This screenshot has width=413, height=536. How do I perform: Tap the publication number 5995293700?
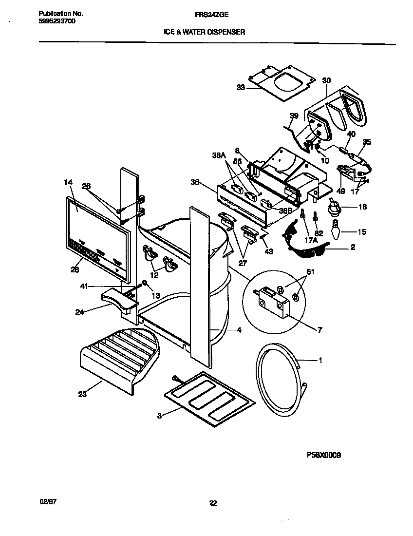click(x=56, y=22)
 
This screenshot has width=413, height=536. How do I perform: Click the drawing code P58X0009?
click(x=323, y=455)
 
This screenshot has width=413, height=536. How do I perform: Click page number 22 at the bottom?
click(x=212, y=504)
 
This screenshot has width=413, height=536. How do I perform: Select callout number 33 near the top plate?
click(x=241, y=88)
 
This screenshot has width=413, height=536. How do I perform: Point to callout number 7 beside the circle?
click(x=319, y=330)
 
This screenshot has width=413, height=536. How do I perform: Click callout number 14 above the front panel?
click(x=68, y=182)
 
